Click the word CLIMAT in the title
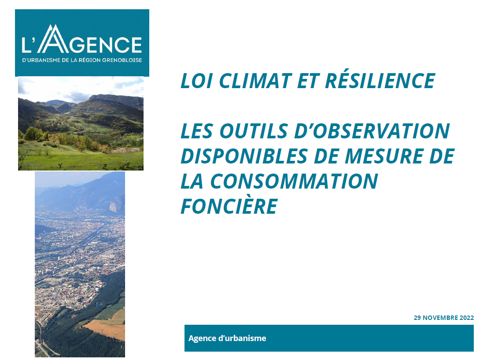[x=256, y=81]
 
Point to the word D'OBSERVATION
[x=372, y=131]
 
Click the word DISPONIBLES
[x=244, y=156]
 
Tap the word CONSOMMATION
[x=294, y=181]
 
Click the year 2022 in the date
[x=467, y=318]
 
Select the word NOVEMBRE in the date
[x=440, y=318]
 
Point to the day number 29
[x=417, y=318]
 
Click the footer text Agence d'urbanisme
[x=227, y=338]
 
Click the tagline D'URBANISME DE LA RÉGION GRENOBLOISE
[x=82, y=60]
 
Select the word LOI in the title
[x=197, y=81]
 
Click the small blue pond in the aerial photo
[x=98, y=304]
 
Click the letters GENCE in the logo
[x=105, y=45]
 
